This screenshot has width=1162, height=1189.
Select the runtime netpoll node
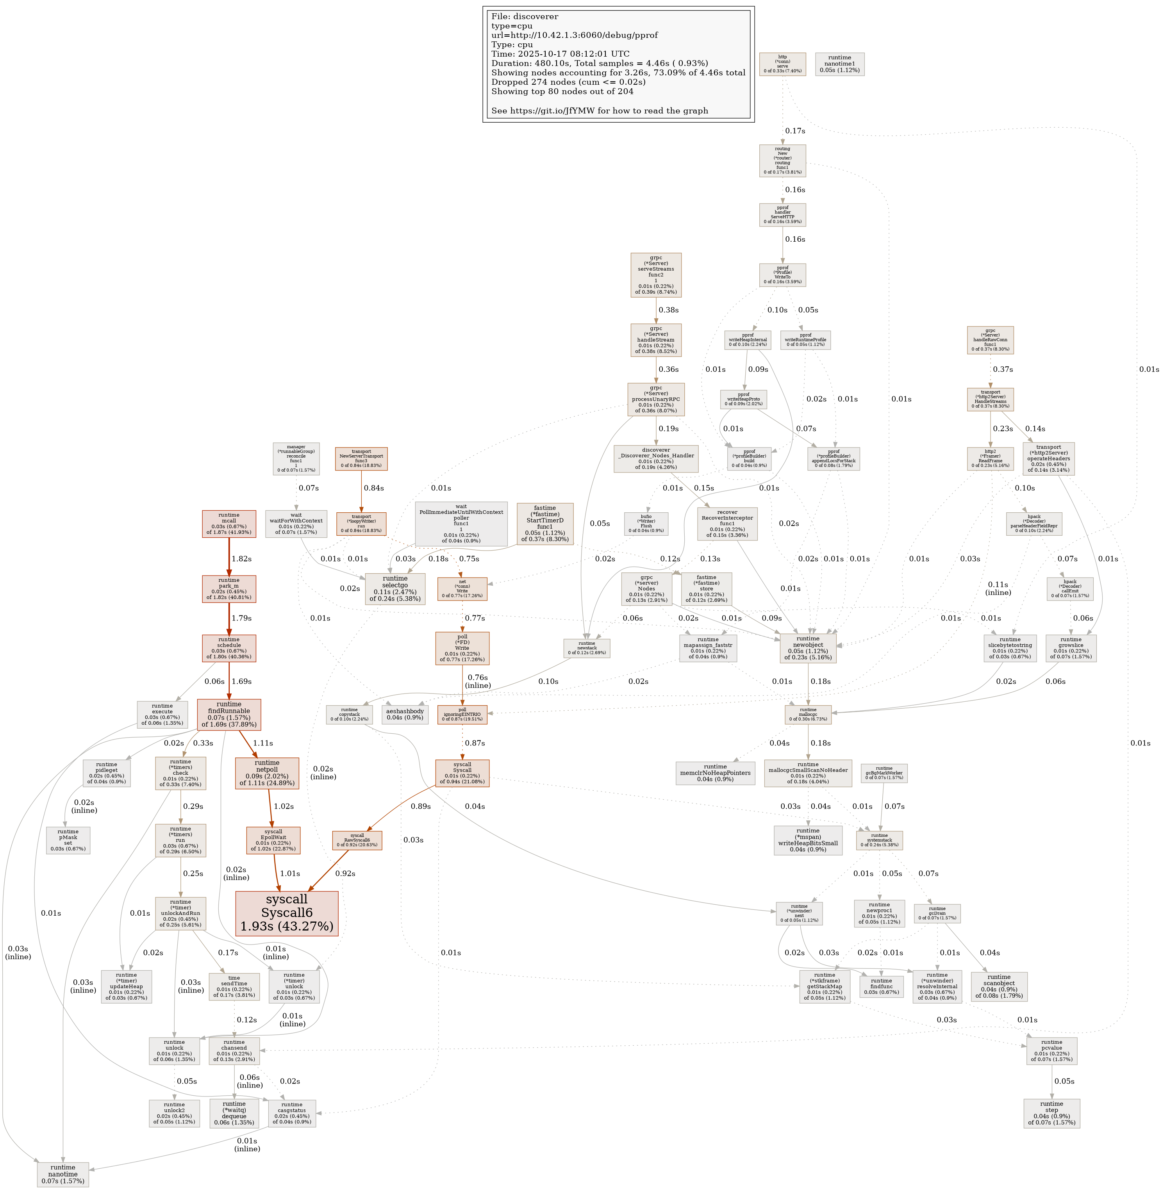pyautogui.click(x=267, y=773)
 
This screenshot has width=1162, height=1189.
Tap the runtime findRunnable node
pyautogui.click(x=229, y=714)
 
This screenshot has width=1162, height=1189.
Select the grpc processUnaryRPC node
pyautogui.click(x=656, y=399)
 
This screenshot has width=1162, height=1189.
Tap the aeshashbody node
pyautogui.click(x=405, y=714)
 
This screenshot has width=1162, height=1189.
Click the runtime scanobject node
pyautogui.click(x=999, y=986)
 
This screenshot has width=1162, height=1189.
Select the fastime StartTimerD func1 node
pyautogui.click(x=544, y=523)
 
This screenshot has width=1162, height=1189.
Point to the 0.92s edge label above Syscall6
pyautogui.click(x=345, y=873)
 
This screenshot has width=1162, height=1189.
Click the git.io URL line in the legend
pyautogui.click(x=600, y=111)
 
